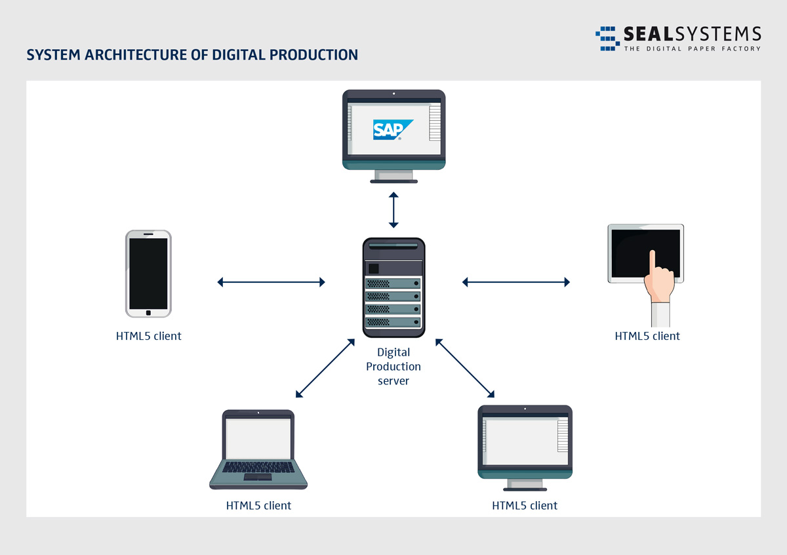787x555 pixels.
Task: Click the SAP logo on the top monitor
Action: (x=392, y=130)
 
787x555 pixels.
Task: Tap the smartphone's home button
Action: (x=148, y=314)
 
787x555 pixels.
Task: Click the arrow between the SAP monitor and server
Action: (x=393, y=210)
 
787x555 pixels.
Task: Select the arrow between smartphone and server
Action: (x=271, y=282)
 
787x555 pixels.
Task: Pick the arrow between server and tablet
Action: (x=516, y=282)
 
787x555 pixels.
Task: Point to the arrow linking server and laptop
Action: (x=325, y=368)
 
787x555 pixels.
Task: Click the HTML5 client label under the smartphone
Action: (x=148, y=336)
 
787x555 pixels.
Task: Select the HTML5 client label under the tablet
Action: (x=647, y=336)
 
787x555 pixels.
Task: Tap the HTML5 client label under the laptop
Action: (x=258, y=506)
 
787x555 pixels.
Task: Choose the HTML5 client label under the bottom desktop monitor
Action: (x=525, y=506)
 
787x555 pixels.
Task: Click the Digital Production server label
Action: (x=393, y=367)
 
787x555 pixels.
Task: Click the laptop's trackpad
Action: (x=258, y=477)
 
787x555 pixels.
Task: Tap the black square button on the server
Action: (x=374, y=268)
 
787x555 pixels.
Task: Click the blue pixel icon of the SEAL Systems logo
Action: (x=607, y=38)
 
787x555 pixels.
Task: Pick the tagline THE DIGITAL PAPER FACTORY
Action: (x=692, y=49)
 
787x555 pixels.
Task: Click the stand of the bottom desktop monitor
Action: (x=525, y=484)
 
